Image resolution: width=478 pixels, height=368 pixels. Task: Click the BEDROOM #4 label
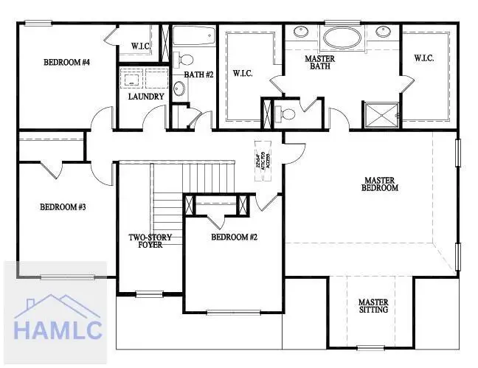(x=66, y=63)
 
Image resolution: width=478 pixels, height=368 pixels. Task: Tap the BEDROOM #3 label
(x=63, y=207)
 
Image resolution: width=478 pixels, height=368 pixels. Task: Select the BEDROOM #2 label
(x=234, y=237)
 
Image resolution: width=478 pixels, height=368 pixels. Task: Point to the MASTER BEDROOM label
(x=380, y=184)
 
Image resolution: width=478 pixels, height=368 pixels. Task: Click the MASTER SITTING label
(x=374, y=306)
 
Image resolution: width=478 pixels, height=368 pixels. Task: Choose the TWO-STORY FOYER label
(x=150, y=241)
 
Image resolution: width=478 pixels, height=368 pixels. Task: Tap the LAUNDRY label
(x=141, y=97)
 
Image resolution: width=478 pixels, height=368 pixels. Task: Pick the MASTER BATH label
(x=320, y=63)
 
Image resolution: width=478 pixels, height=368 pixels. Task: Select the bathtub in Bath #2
(x=193, y=35)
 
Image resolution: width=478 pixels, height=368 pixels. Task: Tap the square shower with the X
(x=381, y=114)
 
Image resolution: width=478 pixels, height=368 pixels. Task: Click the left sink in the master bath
(x=302, y=32)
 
